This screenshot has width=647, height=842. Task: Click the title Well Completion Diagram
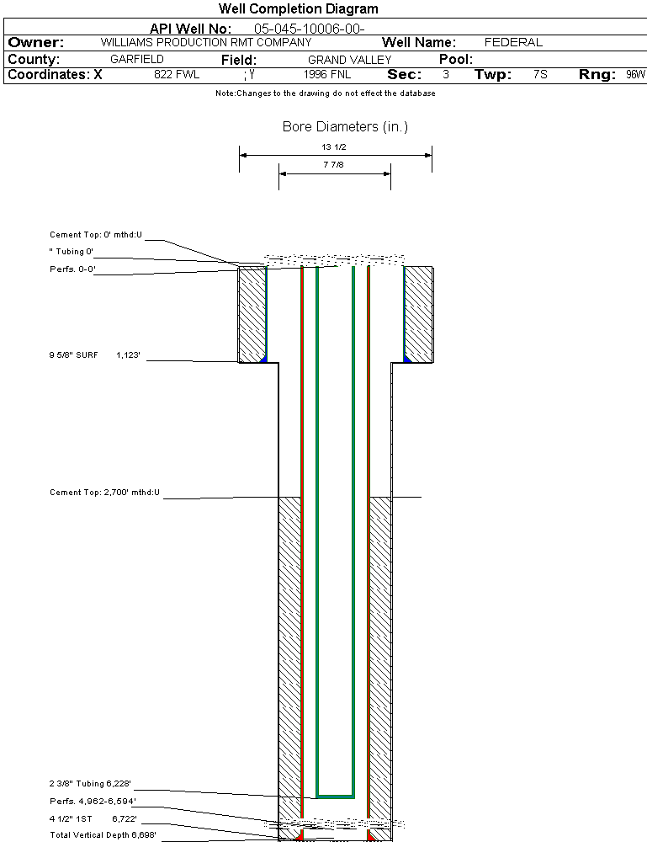(299, 9)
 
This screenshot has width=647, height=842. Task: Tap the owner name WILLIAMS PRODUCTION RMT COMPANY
(205, 42)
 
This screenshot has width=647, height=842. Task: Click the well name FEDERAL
(513, 42)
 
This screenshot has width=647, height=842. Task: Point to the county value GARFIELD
(137, 60)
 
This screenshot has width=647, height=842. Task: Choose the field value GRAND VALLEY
(349, 60)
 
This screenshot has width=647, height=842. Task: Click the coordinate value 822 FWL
(177, 75)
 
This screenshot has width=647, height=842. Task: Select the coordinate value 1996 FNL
(327, 75)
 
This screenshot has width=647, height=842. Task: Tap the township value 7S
(540, 75)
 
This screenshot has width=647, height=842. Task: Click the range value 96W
(635, 75)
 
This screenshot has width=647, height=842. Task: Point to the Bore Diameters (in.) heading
(345, 127)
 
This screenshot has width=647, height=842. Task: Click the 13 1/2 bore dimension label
(334, 147)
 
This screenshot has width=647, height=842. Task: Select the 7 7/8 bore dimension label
(334, 166)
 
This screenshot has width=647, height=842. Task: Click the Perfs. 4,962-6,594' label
(93, 801)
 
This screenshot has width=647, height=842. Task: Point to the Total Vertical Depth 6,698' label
(103, 834)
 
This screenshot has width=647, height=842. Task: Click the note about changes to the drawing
(325, 93)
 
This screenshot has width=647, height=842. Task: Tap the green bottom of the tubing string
(335, 796)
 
